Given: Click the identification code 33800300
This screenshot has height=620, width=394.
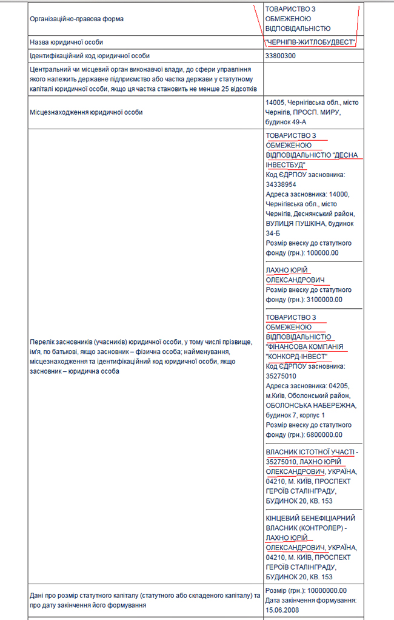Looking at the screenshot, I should pos(281,56).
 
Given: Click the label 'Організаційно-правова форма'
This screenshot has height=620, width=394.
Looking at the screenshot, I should pos(76,19).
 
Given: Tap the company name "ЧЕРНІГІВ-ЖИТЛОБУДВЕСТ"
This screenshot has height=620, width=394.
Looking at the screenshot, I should pos(310,42).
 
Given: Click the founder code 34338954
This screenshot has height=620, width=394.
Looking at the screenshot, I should pos(281,184).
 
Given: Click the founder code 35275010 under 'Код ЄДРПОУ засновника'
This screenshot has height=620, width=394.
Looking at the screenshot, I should pos(281,376).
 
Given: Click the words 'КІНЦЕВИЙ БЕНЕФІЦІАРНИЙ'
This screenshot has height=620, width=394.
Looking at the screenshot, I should pos(310,517).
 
